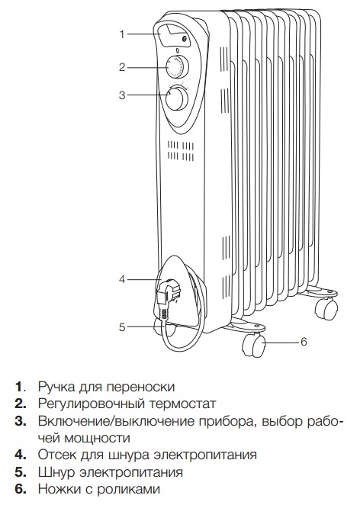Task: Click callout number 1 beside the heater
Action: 122,34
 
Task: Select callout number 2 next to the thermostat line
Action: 122,67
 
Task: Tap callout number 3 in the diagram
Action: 122,95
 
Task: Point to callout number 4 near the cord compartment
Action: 122,279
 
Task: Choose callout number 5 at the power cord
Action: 122,327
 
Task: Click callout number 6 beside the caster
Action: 304,342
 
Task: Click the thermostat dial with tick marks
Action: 178,66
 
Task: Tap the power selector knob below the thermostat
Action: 177,98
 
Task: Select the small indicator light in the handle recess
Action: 185,39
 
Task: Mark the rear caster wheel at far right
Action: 326,308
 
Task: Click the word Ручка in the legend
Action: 56,387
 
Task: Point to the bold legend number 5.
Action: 20,472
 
